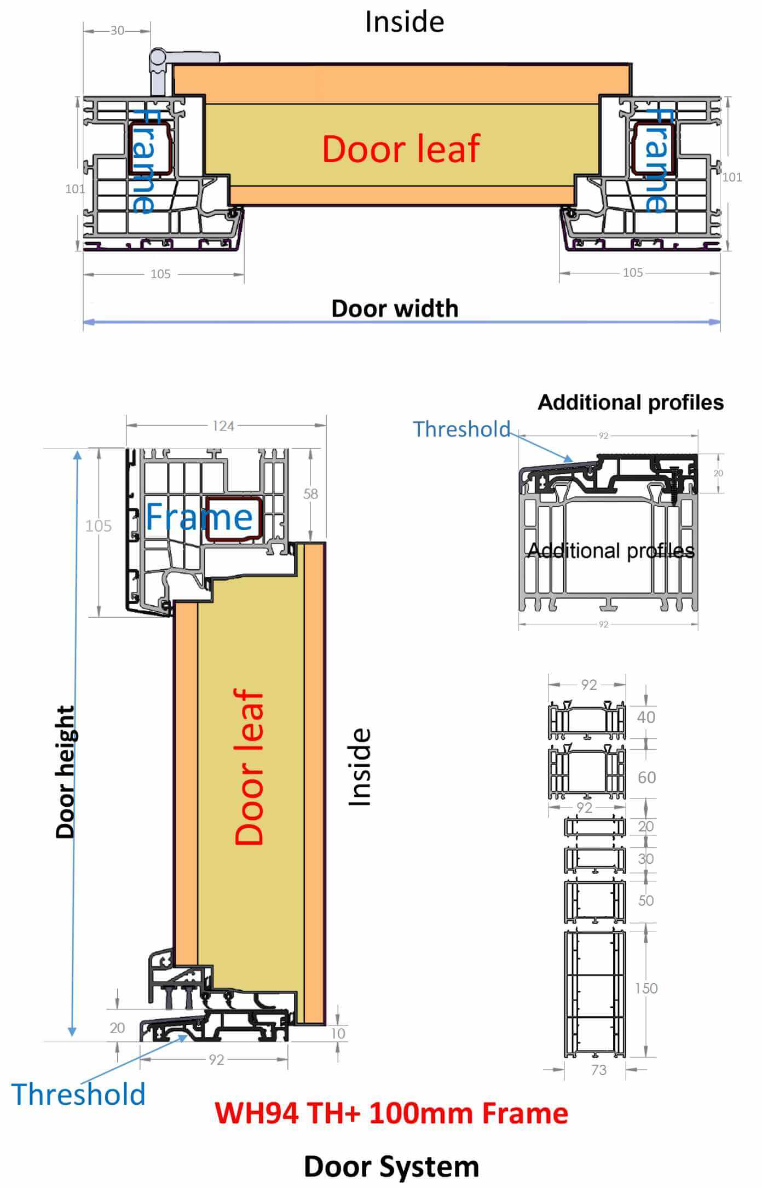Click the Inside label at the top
[405, 22]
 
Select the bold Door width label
[395, 308]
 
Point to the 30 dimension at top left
[117, 31]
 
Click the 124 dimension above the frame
[223, 426]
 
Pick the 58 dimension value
[310, 493]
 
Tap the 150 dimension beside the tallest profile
[646, 989]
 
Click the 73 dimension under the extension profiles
[599, 1070]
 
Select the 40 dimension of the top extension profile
[646, 717]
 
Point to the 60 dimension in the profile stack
[646, 777]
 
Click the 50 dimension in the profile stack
[646, 900]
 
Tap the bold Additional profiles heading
[631, 403]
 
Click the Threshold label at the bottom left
[78, 1095]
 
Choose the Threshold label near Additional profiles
[461, 429]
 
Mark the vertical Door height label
[65, 772]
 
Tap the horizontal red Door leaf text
[401, 149]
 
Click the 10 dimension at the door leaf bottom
[338, 1034]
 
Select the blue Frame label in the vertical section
[199, 516]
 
